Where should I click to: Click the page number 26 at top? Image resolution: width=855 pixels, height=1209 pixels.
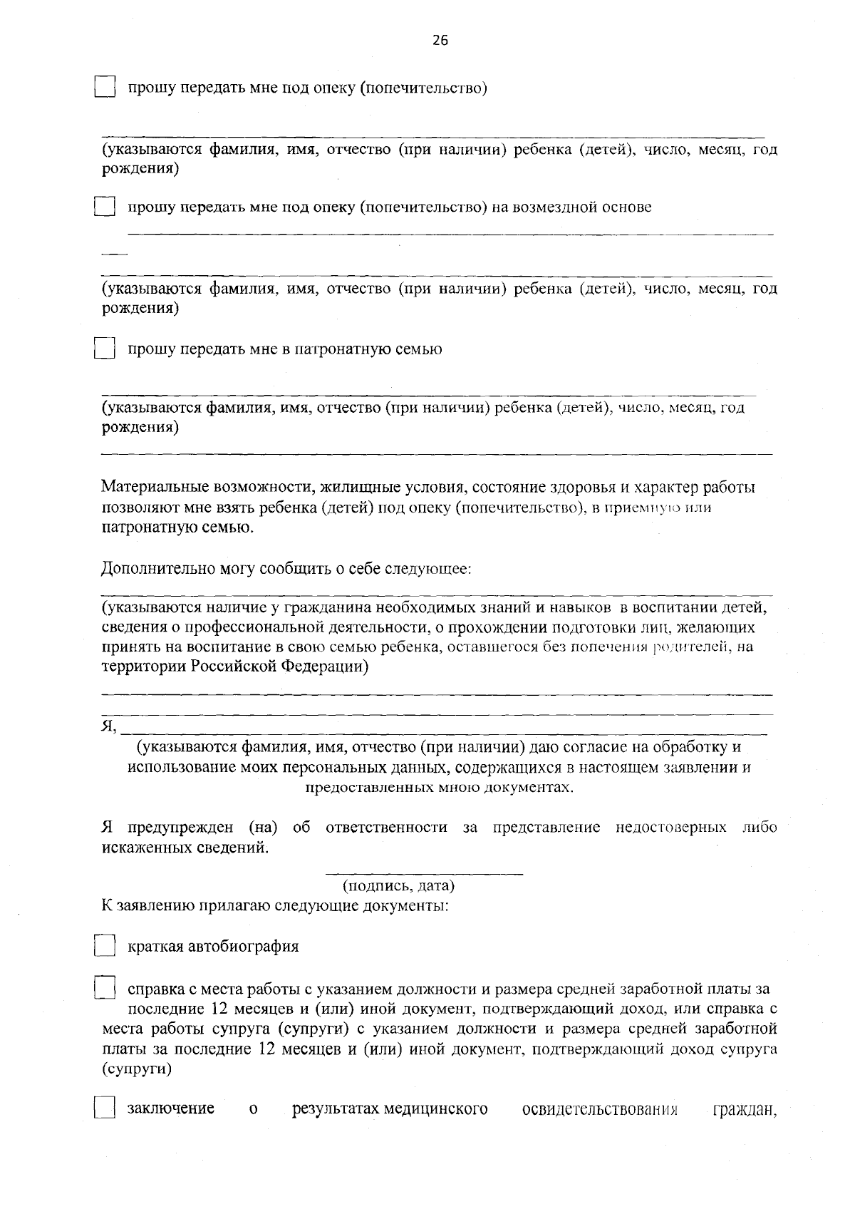[440, 41]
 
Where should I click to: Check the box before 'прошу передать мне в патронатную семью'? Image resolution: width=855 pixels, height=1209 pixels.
[105, 349]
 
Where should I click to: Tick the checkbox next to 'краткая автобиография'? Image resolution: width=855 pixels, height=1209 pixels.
[105, 947]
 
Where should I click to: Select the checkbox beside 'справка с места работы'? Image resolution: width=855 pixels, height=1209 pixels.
[105, 989]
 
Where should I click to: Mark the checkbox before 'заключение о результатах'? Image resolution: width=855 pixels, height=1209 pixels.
[105, 1109]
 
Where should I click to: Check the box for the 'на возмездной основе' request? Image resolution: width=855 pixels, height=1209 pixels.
[105, 207]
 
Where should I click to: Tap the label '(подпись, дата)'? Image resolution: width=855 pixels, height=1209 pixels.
[398, 886]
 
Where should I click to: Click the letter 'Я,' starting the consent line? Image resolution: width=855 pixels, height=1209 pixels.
[108, 726]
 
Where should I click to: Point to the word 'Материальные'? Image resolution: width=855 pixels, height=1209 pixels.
[155, 488]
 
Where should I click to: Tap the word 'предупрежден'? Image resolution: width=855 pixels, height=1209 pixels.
[180, 828]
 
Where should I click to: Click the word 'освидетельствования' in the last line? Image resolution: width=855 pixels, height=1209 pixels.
[600, 1109]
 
